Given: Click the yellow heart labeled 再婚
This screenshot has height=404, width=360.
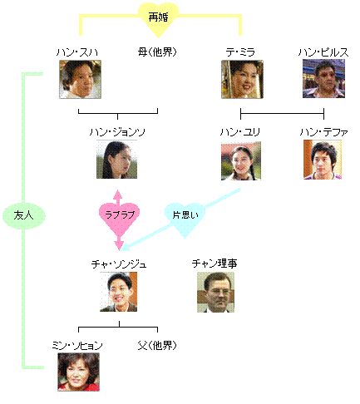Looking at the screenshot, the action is pyautogui.click(x=158, y=19).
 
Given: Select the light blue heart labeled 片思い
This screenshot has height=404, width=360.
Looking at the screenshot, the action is pyautogui.click(x=185, y=219).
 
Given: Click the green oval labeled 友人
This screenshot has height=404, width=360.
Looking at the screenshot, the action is pyautogui.click(x=24, y=216).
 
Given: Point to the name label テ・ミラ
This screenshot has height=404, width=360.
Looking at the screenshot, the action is pyautogui.click(x=240, y=52).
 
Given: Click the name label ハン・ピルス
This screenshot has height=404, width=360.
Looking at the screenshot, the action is pyautogui.click(x=323, y=52).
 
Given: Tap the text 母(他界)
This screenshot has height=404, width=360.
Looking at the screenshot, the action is pyautogui.click(x=157, y=52).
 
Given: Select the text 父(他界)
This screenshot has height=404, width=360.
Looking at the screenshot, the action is pyautogui.click(x=157, y=345).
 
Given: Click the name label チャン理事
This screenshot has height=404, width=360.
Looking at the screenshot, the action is pyautogui.click(x=215, y=264).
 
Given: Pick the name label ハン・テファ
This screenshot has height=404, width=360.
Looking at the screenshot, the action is pyautogui.click(x=323, y=132).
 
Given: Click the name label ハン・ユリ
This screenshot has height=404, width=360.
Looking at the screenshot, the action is pyautogui.click(x=240, y=132).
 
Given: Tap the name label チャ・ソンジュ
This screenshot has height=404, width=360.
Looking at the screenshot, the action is pyautogui.click(x=119, y=264).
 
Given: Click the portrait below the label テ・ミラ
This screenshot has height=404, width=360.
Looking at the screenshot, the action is pyautogui.click(x=242, y=79).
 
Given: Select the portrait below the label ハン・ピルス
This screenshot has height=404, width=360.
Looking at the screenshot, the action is pyautogui.click(x=323, y=79).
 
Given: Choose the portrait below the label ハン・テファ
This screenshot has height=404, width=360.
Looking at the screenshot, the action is pyautogui.click(x=323, y=160).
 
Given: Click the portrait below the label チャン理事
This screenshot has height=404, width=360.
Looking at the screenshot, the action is pyautogui.click(x=215, y=292).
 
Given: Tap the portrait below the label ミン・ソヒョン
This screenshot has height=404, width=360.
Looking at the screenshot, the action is pyautogui.click(x=78, y=372).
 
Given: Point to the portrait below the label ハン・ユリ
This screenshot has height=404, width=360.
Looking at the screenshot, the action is pyautogui.click(x=241, y=160).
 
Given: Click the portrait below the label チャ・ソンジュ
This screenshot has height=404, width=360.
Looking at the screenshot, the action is pyautogui.click(x=118, y=292).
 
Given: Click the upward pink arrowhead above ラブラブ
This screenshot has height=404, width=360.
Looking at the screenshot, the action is pyautogui.click(x=118, y=194).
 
